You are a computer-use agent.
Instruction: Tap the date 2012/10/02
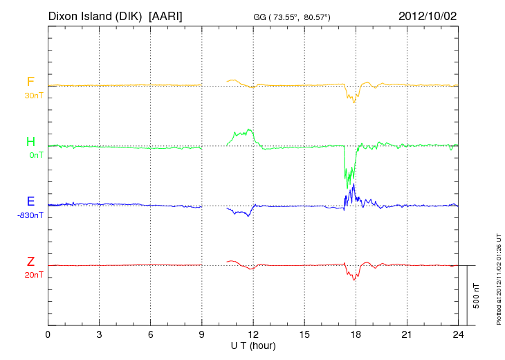(x=428, y=15)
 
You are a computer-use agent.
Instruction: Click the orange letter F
(x=30, y=82)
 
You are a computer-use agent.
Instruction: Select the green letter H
(x=30, y=142)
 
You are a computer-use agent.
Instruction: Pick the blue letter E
(x=30, y=201)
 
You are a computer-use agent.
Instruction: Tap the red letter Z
(x=30, y=261)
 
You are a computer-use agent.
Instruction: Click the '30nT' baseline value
(x=33, y=96)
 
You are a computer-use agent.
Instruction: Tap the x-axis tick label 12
(x=253, y=335)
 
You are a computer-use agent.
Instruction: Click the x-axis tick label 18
(x=356, y=335)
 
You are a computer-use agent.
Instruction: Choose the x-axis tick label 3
(x=99, y=335)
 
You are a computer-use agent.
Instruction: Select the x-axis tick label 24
(x=458, y=335)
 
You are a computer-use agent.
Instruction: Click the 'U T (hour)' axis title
(x=253, y=345)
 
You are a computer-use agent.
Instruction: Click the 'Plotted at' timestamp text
(x=498, y=277)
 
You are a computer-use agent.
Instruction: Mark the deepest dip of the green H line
(x=347, y=188)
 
